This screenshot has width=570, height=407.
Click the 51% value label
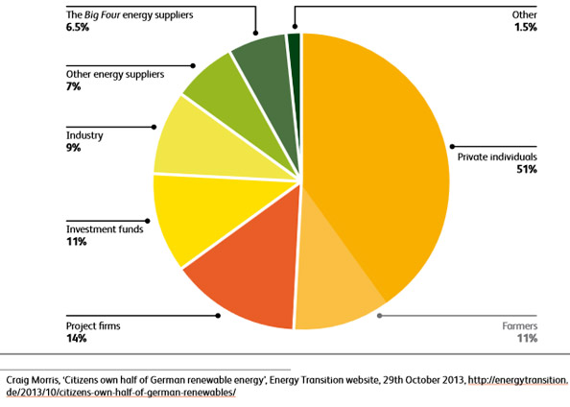pos(523,170)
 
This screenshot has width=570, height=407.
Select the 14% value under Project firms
pos(76,339)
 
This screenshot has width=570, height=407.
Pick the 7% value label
pos(73,87)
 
